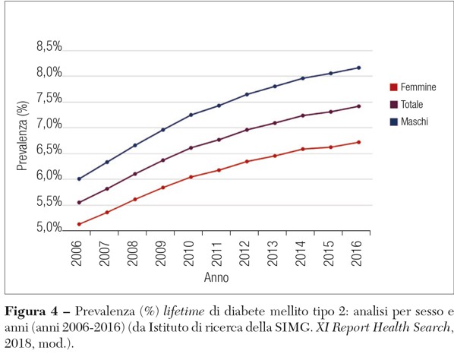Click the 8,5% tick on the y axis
pyautogui.click(x=49, y=47)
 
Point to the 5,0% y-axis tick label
pyautogui.click(x=49, y=228)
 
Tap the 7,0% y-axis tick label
pyautogui.click(x=49, y=125)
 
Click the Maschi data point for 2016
pyautogui.click(x=358, y=68)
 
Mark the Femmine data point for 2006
pyautogui.click(x=78, y=224)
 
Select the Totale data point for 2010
pyautogui.click(x=191, y=147)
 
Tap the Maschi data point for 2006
pyautogui.click(x=78, y=179)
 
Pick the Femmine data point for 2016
pyautogui.click(x=358, y=142)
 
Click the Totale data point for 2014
pyautogui.click(x=302, y=115)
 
